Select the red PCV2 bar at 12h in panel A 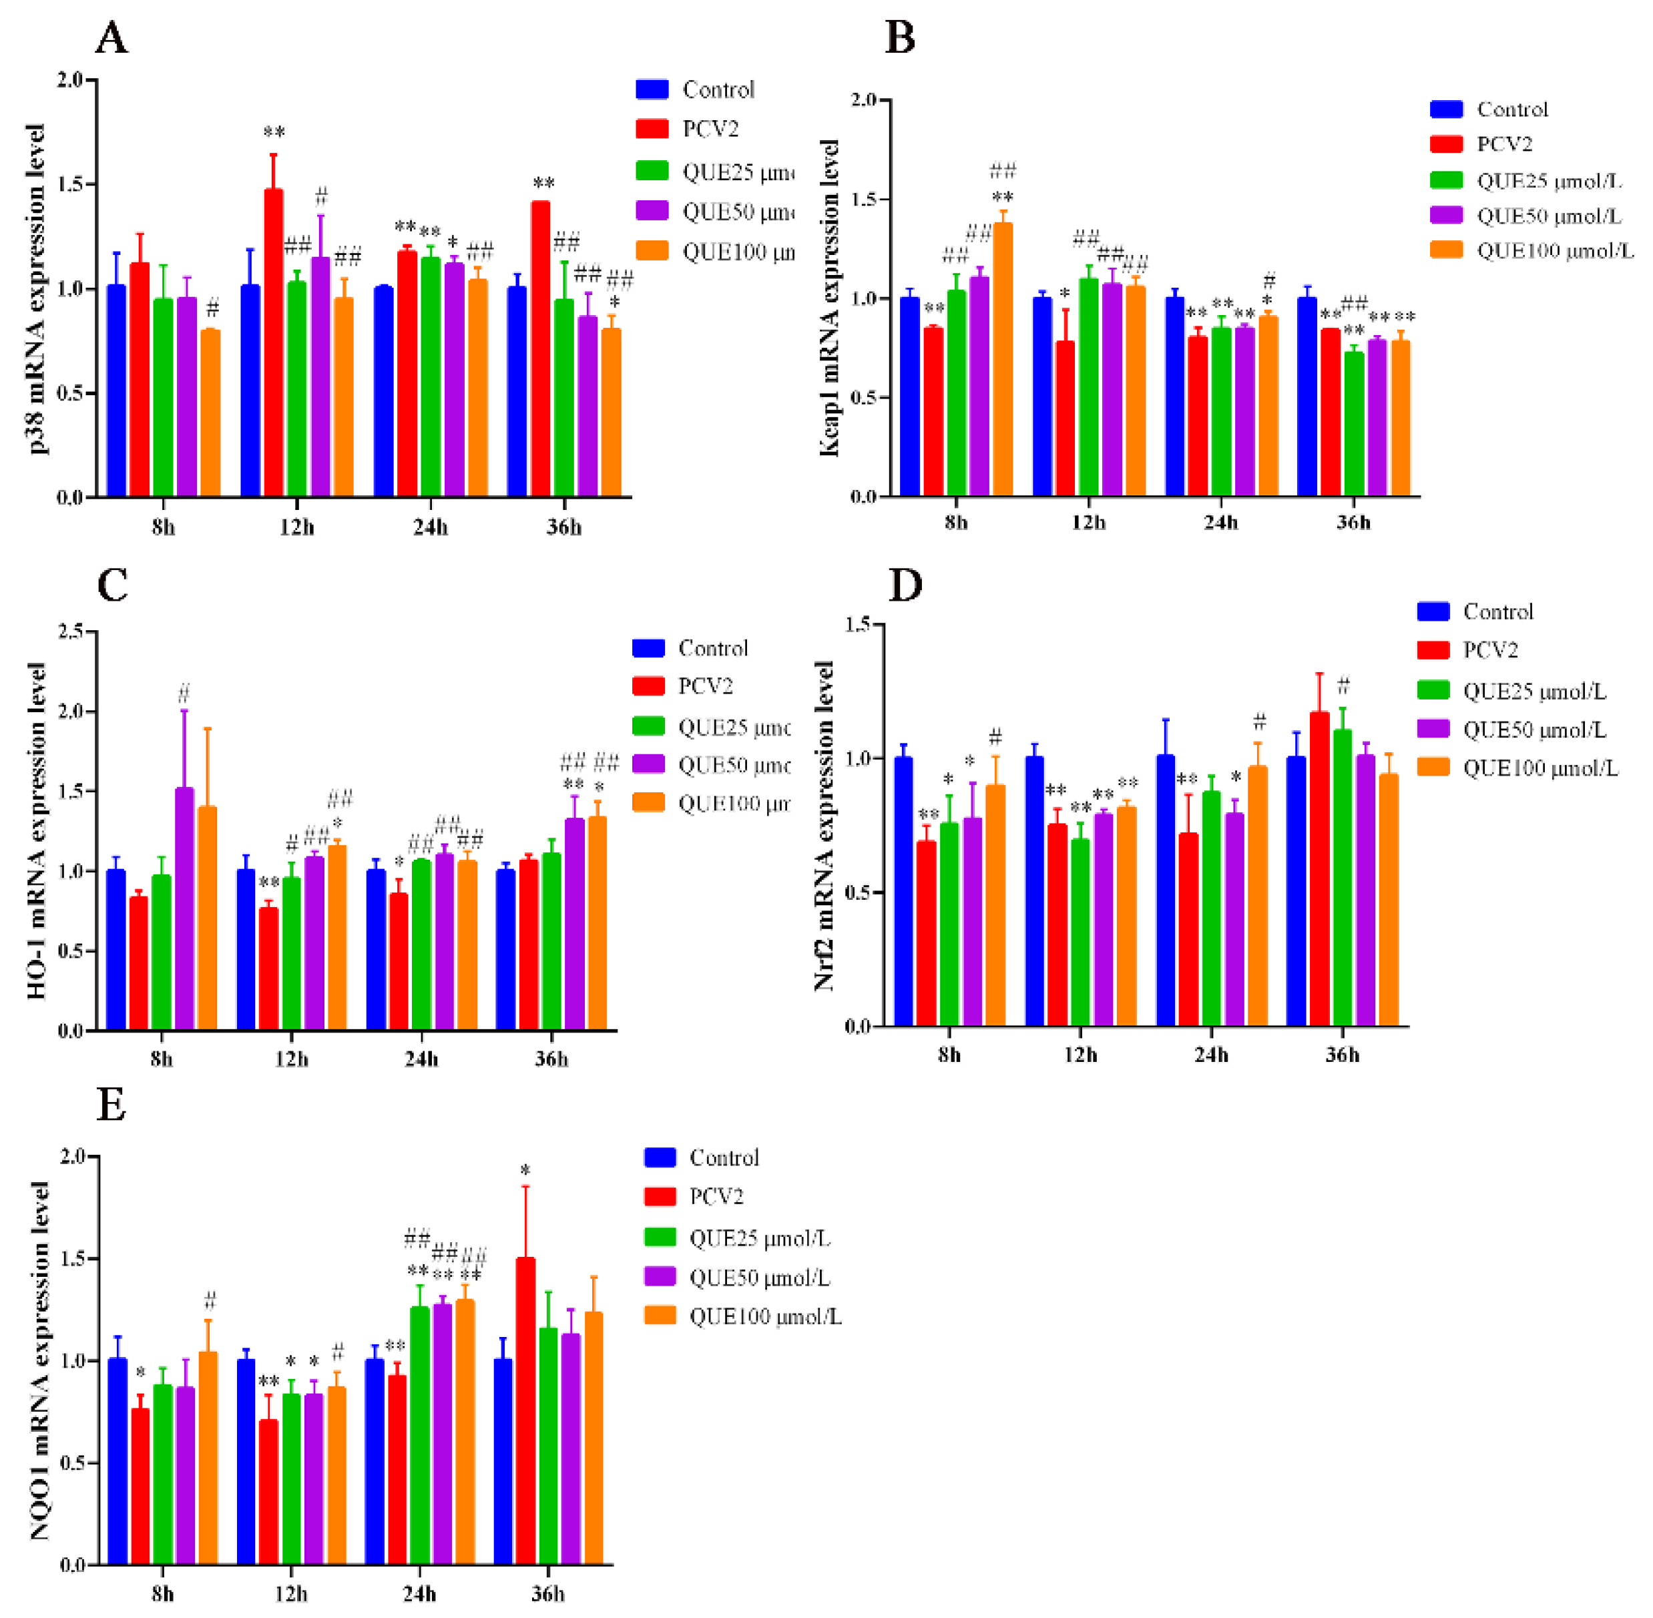pyautogui.click(x=274, y=340)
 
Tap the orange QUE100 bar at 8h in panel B pyautogui.click(x=1003, y=357)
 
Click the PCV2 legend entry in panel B pyautogui.click(x=1503, y=144)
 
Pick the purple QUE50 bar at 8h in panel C pyautogui.click(x=184, y=909)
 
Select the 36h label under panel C pyautogui.click(x=551, y=1059)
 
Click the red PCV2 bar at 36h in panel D pyautogui.click(x=1319, y=871)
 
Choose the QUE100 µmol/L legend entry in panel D pyautogui.click(x=1540, y=768)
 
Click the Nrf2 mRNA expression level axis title pyautogui.click(x=824, y=824)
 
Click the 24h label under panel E pyautogui.click(x=419, y=1593)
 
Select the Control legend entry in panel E pyautogui.click(x=723, y=1157)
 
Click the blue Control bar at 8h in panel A pyautogui.click(x=116, y=391)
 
